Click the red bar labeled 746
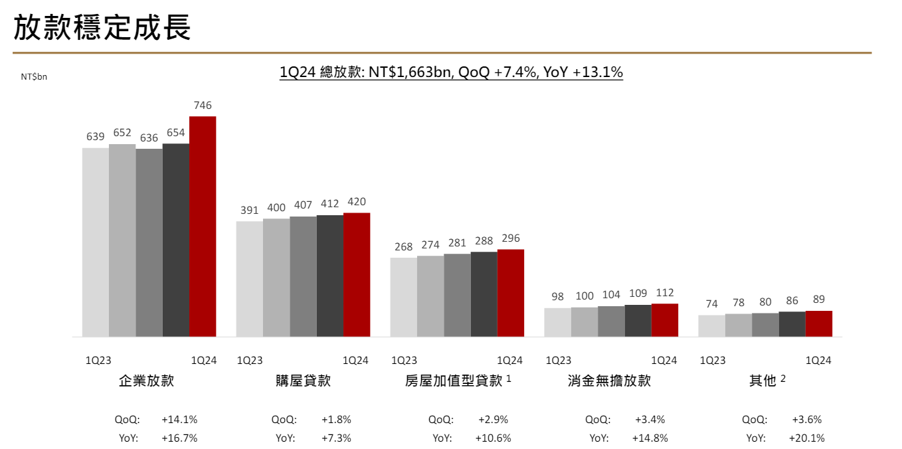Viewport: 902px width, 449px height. [x=203, y=226]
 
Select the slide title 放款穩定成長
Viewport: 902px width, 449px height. [x=102, y=27]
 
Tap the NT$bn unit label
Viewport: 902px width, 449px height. [x=34, y=77]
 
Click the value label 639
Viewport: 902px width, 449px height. [x=95, y=137]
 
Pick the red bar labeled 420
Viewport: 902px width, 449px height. [x=357, y=274]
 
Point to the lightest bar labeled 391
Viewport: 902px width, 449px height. [x=249, y=278]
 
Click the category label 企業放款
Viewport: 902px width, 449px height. [x=146, y=381]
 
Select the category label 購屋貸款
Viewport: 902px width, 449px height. [x=303, y=381]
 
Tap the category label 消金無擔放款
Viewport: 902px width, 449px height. [x=609, y=381]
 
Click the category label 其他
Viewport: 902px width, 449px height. [x=763, y=381]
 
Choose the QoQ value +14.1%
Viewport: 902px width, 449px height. [x=179, y=420]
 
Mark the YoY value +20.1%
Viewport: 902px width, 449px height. [x=806, y=438]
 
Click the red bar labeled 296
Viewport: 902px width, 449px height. [x=511, y=293]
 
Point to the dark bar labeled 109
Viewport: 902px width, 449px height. [x=638, y=320]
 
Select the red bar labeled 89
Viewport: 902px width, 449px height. [x=819, y=323]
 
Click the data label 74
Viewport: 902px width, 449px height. [x=711, y=304]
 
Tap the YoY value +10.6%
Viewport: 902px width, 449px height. [x=493, y=438]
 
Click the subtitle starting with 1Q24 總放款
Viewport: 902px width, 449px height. [x=451, y=72]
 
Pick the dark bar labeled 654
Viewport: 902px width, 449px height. [x=176, y=240]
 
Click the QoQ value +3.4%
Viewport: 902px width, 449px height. [x=650, y=420]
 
